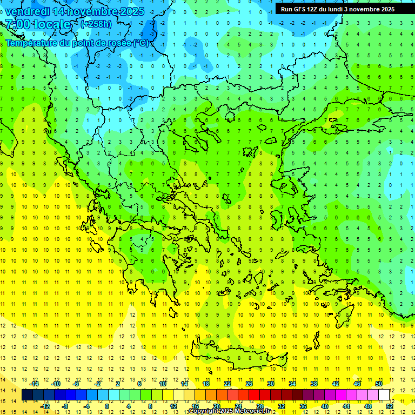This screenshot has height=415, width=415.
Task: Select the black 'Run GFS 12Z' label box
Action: (337, 9)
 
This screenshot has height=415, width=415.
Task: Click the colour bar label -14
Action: (34, 384)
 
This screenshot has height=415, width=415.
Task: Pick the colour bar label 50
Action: (379, 384)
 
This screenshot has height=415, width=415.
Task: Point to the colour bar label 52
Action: (390, 406)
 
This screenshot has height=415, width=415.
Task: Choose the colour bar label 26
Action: (249, 384)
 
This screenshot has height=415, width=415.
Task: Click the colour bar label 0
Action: (106, 406)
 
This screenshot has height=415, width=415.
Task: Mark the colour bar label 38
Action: (314, 384)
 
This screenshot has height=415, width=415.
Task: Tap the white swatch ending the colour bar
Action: (384, 395)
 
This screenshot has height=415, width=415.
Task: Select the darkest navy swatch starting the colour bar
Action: (27, 395)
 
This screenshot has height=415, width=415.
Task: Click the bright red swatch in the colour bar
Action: (254, 395)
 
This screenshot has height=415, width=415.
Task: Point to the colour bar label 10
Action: (163, 384)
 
